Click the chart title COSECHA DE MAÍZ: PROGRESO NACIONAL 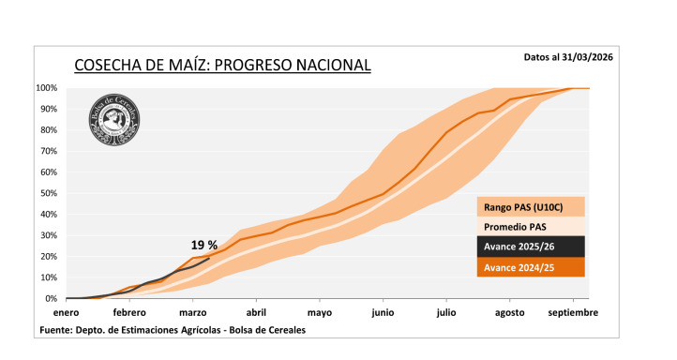tap(222, 65)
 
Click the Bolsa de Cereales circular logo tap(119, 123)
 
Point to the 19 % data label tap(204, 245)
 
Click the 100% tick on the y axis tap(48, 88)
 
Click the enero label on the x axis tap(67, 313)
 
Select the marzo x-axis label tap(192, 313)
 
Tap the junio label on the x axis tap(383, 313)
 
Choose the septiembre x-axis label tap(573, 313)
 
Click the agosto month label tap(509, 313)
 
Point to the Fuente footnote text tap(172, 330)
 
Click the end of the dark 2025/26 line tap(209, 259)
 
